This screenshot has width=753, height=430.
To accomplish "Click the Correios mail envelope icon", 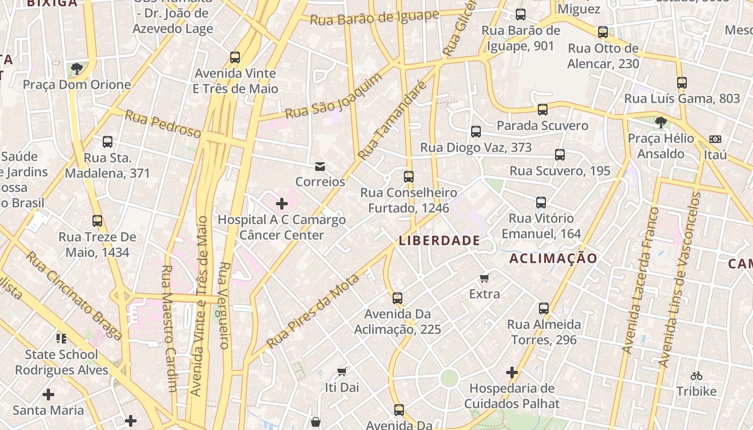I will [x=320, y=167].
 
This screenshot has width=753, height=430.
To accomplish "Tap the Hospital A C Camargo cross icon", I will [x=281, y=204].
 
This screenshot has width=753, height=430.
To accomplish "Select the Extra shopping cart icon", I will [x=484, y=278].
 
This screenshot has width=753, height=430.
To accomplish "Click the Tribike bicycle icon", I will [x=697, y=376].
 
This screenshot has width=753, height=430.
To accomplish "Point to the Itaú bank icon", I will [x=715, y=139].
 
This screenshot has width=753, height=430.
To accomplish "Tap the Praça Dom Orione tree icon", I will [x=76, y=68].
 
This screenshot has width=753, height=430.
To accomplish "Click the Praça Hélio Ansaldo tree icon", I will [x=661, y=123].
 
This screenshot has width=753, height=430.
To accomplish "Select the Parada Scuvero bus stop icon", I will [x=542, y=110].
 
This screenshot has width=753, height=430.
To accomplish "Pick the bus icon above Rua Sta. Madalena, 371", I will [x=108, y=142].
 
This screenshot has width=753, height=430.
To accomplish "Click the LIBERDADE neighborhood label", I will [x=439, y=240].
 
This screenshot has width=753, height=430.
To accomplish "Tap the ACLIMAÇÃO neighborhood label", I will [x=553, y=259].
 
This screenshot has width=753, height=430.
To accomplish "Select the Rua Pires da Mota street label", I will [x=312, y=311].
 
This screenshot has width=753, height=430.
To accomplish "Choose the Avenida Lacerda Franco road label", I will [x=640, y=279].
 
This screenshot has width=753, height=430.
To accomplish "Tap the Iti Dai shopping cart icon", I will [x=342, y=371].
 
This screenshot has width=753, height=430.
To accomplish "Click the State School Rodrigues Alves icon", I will [x=61, y=338].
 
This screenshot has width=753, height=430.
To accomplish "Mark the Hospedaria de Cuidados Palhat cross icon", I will [x=512, y=372].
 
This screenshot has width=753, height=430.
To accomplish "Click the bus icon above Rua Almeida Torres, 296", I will [x=544, y=309].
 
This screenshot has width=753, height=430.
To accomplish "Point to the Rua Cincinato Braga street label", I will [x=74, y=295].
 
